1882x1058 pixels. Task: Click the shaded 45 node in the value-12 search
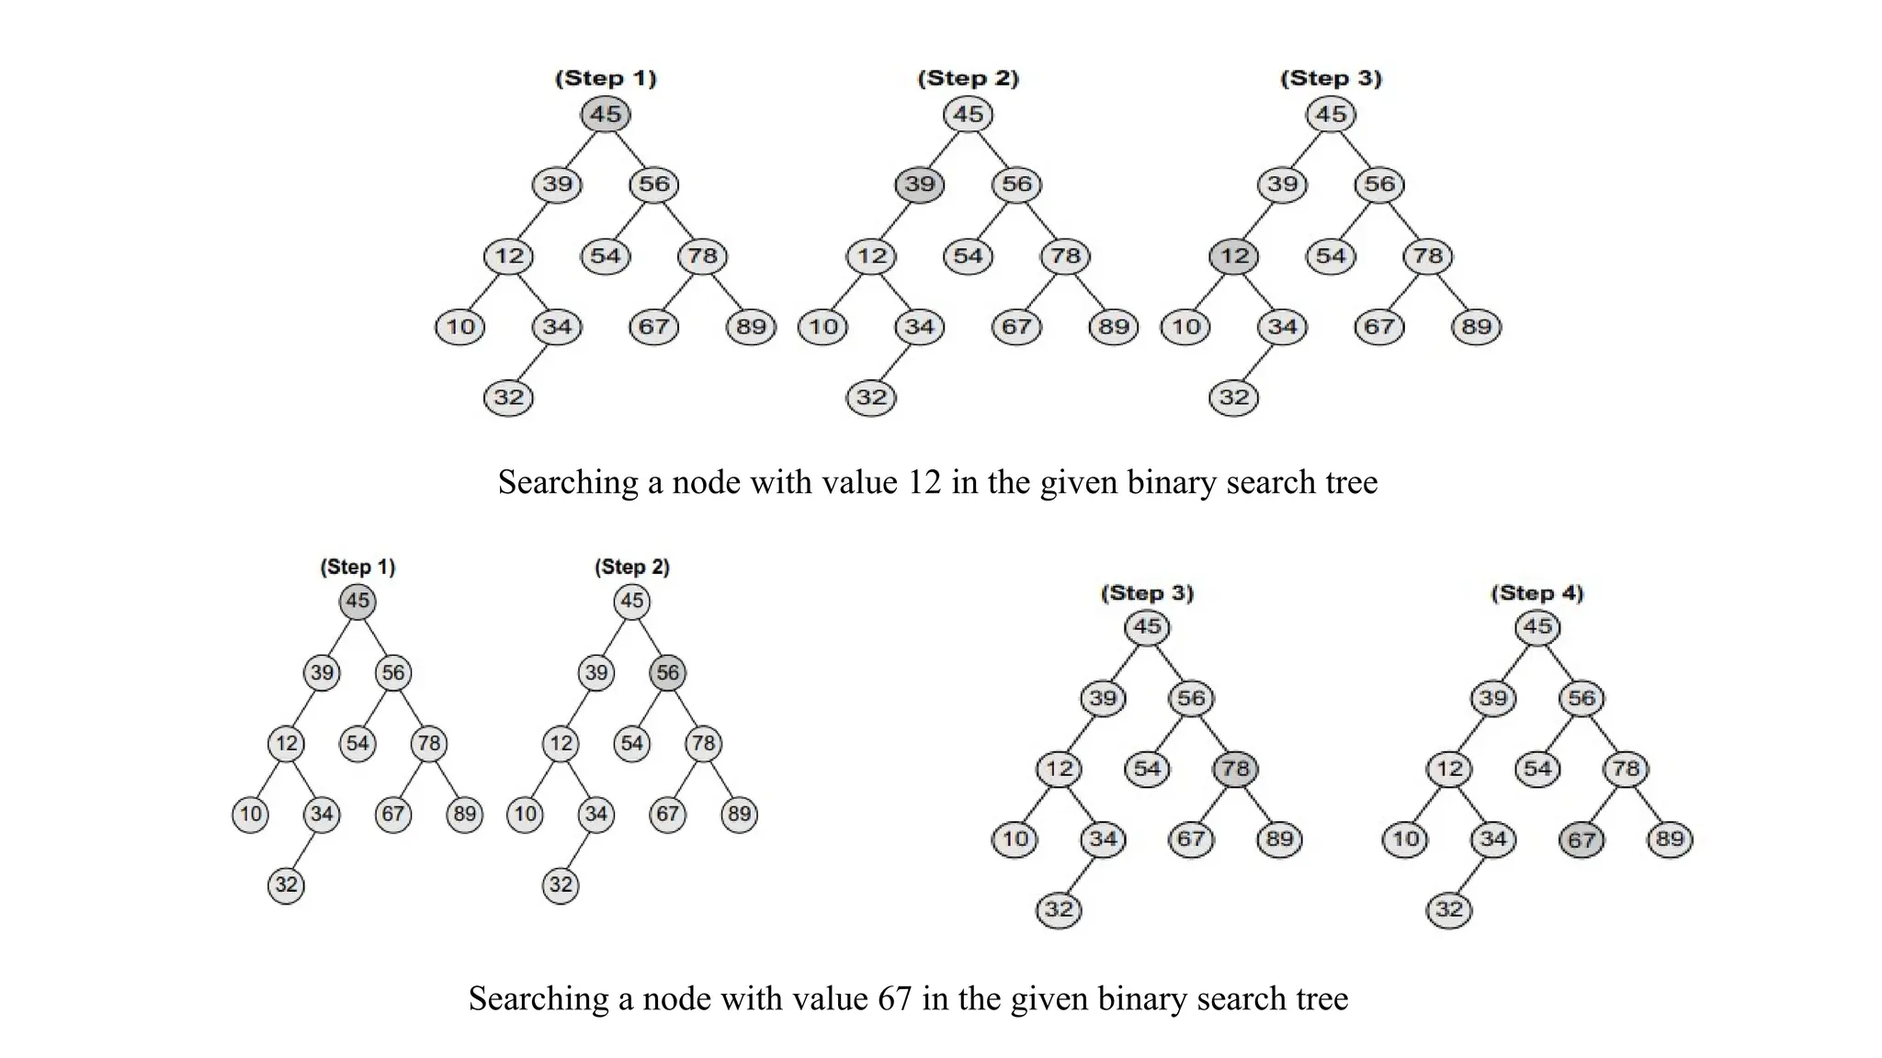click(x=606, y=115)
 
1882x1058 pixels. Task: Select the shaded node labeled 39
click(x=920, y=185)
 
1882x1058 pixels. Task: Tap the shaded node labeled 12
click(x=1234, y=256)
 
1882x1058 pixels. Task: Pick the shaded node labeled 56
click(x=668, y=672)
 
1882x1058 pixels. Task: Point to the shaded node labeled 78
click(x=1235, y=769)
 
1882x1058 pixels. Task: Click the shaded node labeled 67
click(x=1582, y=839)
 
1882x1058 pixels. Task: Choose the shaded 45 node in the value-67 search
click(x=357, y=602)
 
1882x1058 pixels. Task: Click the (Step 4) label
click(x=1537, y=593)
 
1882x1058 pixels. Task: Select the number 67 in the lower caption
click(x=894, y=999)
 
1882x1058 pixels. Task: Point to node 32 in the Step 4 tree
click(x=1449, y=910)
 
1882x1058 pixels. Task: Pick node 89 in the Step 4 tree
click(x=1670, y=839)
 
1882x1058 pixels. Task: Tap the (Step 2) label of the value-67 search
click(x=632, y=568)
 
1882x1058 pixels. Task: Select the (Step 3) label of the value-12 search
click(x=1331, y=79)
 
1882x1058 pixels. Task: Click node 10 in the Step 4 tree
click(x=1405, y=839)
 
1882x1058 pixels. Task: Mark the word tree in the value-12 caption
click(x=1350, y=483)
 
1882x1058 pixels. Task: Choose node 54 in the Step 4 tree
click(x=1537, y=769)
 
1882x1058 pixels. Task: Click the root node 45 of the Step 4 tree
click(x=1537, y=627)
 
